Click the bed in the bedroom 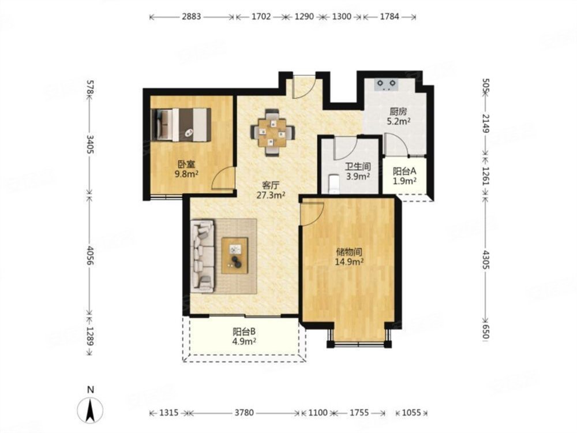181,124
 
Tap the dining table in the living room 272,132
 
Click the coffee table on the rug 235,256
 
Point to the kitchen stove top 386,85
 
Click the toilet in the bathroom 334,184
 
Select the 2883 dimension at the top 192,17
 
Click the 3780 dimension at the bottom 244,413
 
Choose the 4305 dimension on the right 486,260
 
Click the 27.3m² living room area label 271,195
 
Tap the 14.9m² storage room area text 349,262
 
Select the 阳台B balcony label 244,331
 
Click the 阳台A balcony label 404,171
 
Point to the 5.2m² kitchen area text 399,121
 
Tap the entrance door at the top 304,87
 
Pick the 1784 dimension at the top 389,17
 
